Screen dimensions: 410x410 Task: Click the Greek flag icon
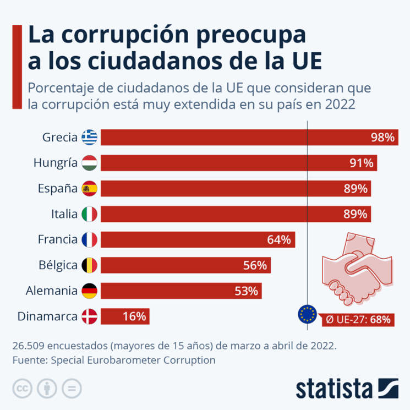tap(89, 138)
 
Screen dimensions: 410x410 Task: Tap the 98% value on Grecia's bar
tap(383, 138)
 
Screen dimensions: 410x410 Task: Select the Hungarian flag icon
tap(89, 163)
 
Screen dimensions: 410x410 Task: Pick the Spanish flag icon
tap(89, 189)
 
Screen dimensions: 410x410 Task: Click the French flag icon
tap(89, 239)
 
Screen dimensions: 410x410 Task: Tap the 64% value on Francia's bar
tap(278, 240)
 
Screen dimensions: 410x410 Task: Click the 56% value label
tap(255, 265)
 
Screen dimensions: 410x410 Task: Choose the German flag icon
tap(89, 291)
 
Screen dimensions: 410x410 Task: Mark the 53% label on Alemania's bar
tap(246, 291)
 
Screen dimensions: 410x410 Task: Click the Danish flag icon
tap(89, 316)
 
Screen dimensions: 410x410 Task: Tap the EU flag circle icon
tap(307, 314)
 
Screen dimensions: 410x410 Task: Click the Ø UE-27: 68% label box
tap(358, 319)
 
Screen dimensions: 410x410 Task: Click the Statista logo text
tap(334, 388)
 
